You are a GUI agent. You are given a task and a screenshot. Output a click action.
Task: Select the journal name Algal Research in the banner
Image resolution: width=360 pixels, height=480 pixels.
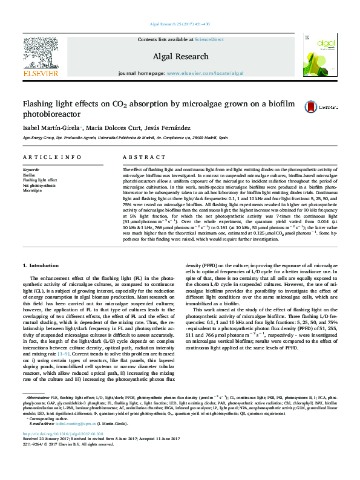[180, 55]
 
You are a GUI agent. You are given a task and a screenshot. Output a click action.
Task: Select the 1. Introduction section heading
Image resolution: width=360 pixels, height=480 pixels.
[41, 266]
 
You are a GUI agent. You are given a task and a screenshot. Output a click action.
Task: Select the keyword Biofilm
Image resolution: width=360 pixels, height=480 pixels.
[29, 175]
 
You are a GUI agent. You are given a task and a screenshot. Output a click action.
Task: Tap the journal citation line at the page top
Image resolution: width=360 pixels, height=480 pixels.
[180, 24]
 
